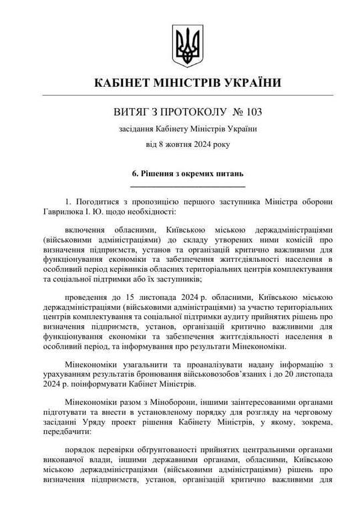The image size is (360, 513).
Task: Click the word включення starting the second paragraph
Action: (x=87, y=228)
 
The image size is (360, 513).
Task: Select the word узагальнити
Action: (x=138, y=364)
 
